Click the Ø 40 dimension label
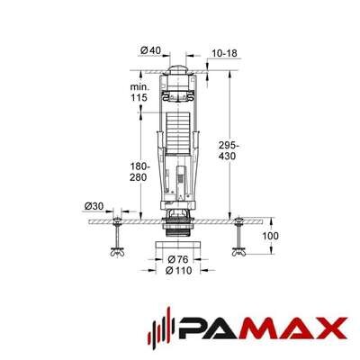coord(150,50)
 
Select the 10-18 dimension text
coord(224,53)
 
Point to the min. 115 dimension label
coord(139,93)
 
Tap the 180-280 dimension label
coord(139,172)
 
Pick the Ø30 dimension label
coord(94,206)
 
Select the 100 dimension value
coord(270,236)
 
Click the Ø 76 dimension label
coord(177,259)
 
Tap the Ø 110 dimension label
coord(178,271)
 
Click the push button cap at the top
coord(178,69)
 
